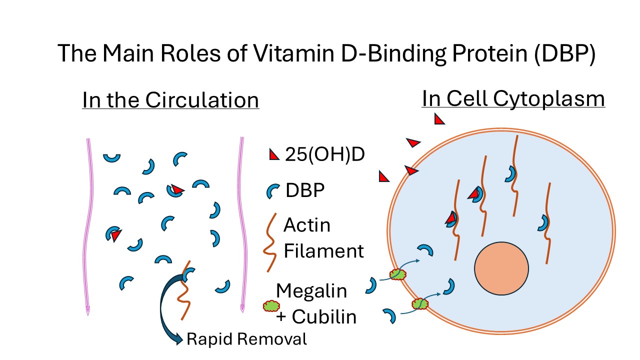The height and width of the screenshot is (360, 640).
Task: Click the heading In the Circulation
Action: point(170,100)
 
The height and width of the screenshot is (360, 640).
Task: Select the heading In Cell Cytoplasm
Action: point(513,98)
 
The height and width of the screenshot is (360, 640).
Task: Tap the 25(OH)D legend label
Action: point(324,155)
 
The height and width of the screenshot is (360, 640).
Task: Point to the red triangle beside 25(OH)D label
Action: point(273,155)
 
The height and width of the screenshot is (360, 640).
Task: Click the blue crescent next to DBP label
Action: point(273,191)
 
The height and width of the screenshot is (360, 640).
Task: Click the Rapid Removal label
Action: point(246,339)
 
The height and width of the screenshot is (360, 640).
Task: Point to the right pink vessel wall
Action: point(242,225)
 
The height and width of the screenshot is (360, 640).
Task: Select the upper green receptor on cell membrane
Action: point(397,274)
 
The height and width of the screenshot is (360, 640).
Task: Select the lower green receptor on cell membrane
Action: point(420,303)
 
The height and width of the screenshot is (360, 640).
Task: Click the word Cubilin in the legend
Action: point(324,316)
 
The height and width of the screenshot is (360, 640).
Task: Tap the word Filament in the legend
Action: point(323,250)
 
